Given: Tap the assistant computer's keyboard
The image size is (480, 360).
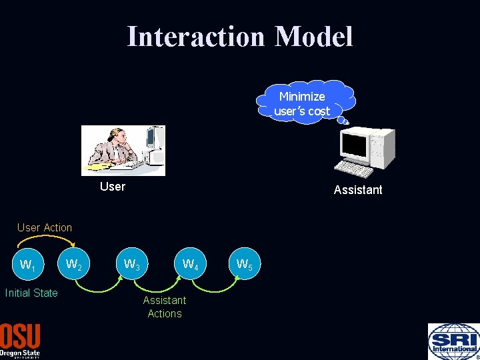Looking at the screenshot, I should click(353, 169).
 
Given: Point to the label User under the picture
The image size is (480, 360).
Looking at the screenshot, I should click(112, 187).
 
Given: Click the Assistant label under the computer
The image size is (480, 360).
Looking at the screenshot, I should click(358, 190).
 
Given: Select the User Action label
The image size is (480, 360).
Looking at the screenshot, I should click(45, 227).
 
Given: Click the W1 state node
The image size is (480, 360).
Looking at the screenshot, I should click(27, 265).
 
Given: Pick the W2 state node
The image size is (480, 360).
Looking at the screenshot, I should click(74, 265).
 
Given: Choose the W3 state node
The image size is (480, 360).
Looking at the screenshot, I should click(132, 265).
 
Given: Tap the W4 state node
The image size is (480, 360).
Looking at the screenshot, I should click(190, 265).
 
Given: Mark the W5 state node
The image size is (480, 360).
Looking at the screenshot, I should click(244, 265).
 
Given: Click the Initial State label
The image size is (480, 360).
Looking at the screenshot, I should click(31, 293).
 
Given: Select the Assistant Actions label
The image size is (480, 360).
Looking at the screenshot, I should click(165, 307).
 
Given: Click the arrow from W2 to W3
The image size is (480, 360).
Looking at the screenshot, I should click(103, 288).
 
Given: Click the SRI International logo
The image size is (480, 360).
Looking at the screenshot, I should click(453, 341).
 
